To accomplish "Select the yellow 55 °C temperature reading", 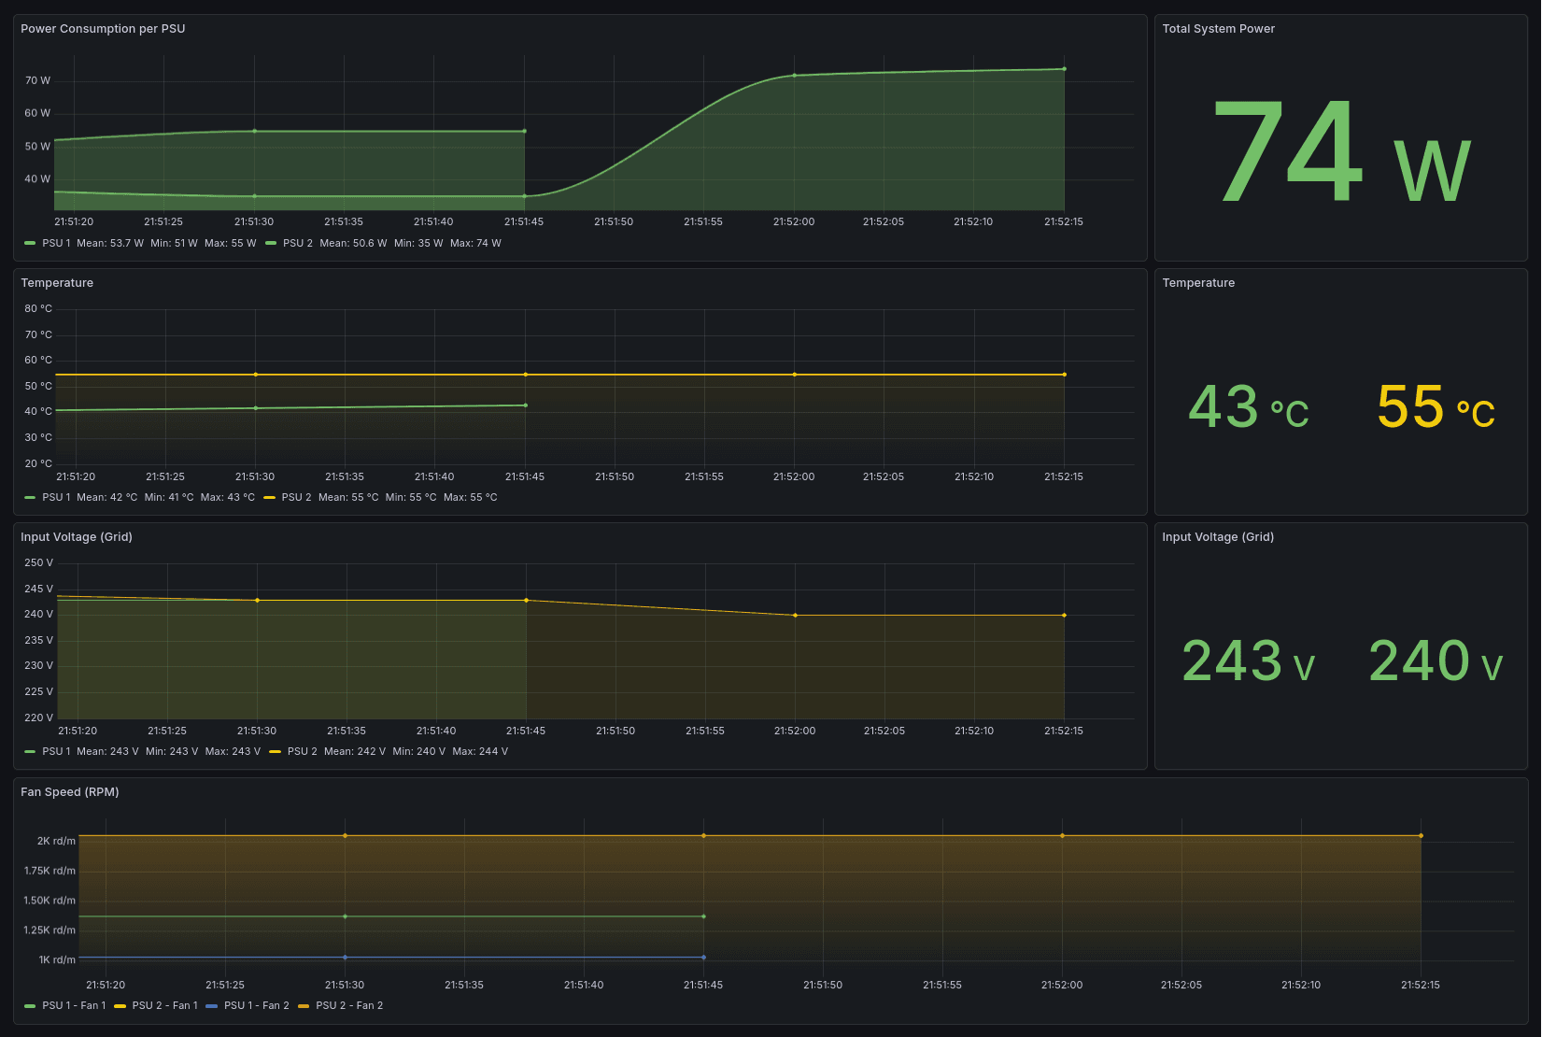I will (1435, 408).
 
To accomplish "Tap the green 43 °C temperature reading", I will (1248, 408).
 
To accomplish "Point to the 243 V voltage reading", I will (1248, 662).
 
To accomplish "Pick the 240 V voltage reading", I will (1435, 662).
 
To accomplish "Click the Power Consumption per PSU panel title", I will (103, 29).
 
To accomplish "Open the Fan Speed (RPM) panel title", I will (70, 792).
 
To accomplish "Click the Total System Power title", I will (1218, 29).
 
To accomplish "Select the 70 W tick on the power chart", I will (37, 80).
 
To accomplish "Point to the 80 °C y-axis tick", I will (38, 308).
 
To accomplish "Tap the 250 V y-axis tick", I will (38, 562).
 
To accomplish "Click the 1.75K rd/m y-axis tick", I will (50, 871).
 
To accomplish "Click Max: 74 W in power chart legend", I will (475, 243).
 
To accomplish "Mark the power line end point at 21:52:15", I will (1064, 69).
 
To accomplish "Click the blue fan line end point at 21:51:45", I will (703, 958).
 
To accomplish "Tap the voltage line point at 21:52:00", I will (795, 616).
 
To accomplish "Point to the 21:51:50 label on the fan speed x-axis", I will (822, 986).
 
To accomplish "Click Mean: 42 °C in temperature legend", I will (106, 498).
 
